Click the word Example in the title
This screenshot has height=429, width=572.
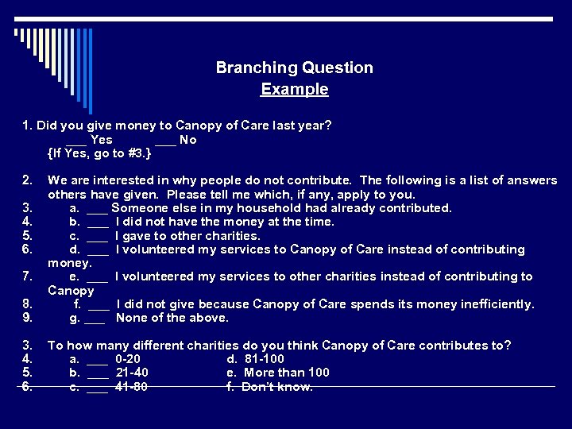point(295,89)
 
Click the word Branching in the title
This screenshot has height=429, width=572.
point(250,68)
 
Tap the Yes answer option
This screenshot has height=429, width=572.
point(102,140)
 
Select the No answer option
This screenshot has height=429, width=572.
point(187,140)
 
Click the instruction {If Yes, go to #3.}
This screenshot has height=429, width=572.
point(99,153)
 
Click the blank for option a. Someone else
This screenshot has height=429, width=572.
point(97,208)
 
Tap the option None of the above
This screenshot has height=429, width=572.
point(172,318)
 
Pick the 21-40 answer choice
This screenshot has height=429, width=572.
point(132,373)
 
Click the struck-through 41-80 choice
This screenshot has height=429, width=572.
point(132,387)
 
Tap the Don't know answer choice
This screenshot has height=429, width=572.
point(276,387)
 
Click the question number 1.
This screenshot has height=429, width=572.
point(27,126)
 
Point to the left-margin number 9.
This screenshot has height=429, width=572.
point(27,318)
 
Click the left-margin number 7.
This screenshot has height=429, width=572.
point(27,276)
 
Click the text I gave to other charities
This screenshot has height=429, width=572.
point(187,235)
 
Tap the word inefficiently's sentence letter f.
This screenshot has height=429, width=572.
point(77,304)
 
